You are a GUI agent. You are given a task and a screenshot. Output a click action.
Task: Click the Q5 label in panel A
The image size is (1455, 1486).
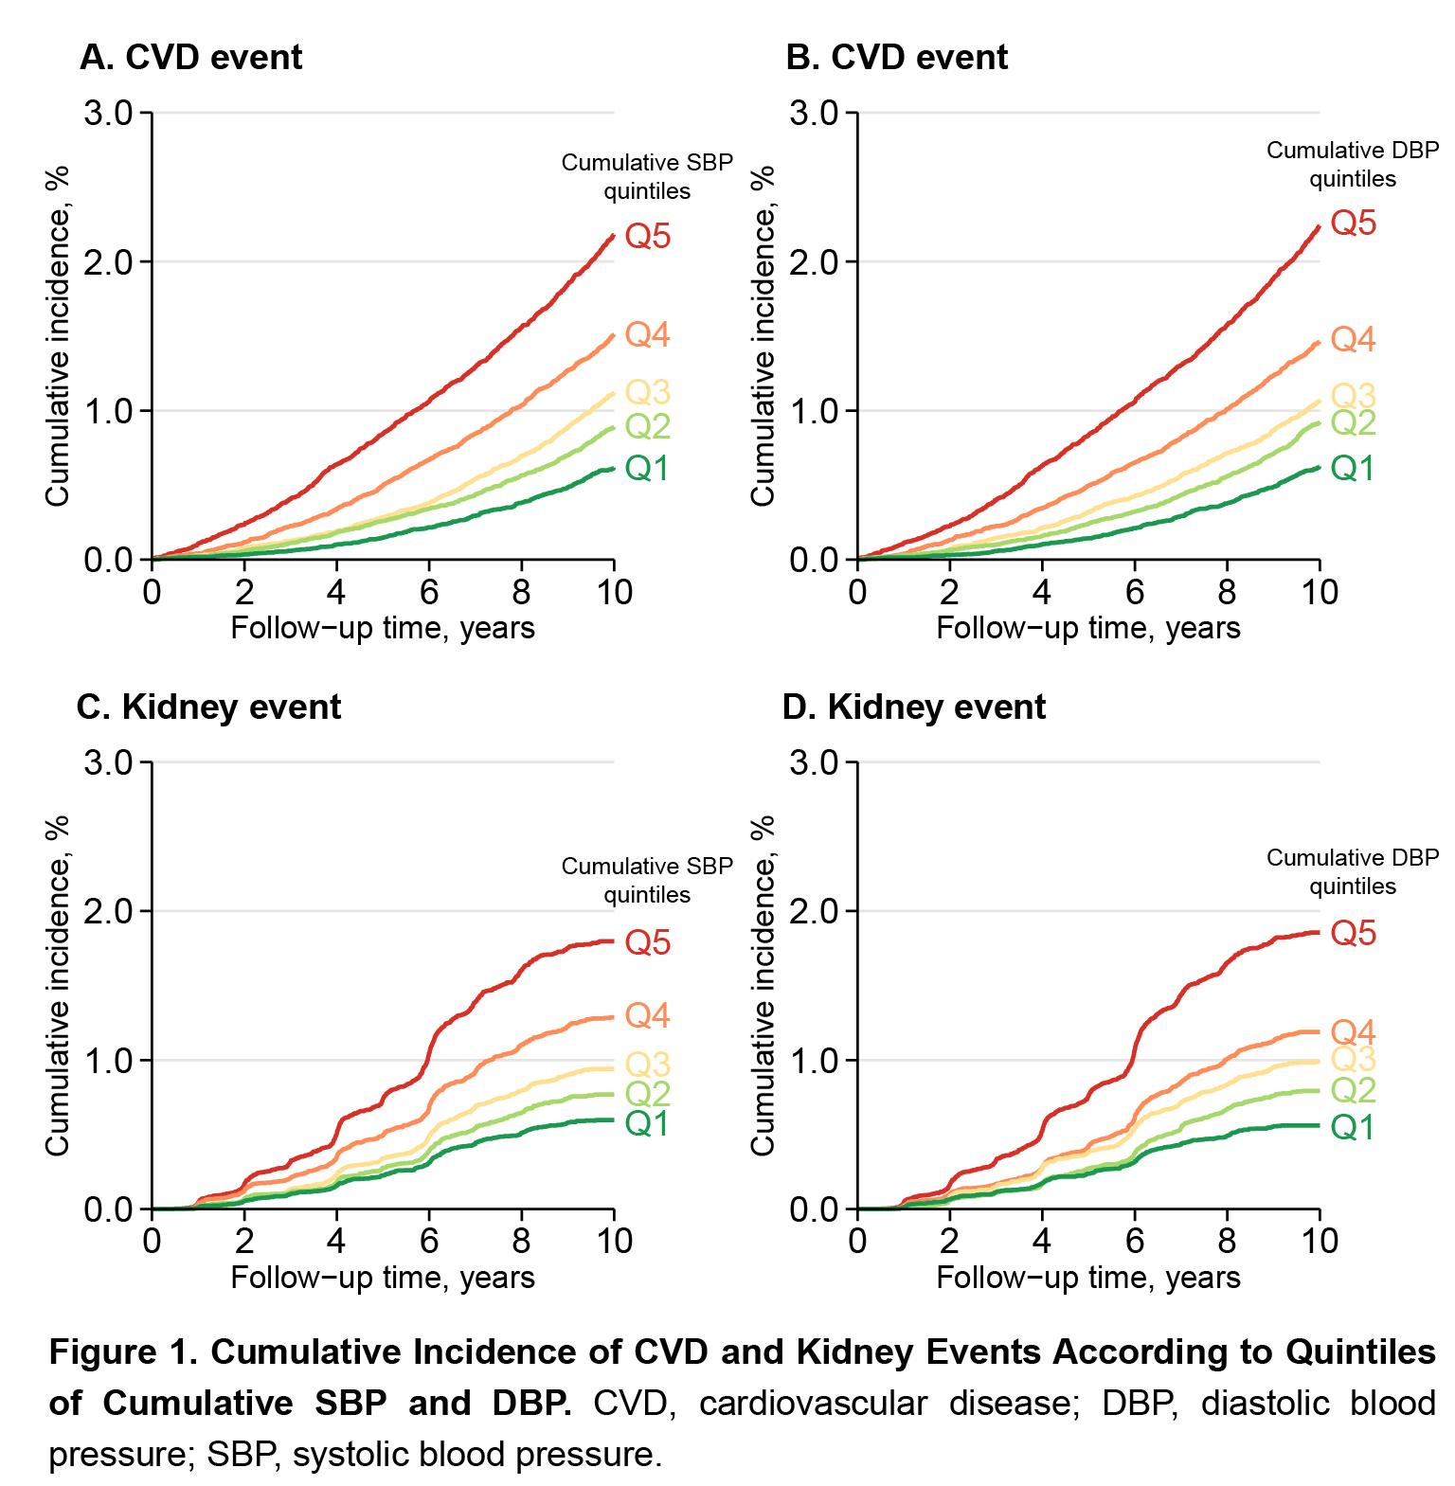pyautogui.click(x=648, y=236)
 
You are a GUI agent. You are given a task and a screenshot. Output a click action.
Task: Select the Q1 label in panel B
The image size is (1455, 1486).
pyautogui.click(x=1353, y=468)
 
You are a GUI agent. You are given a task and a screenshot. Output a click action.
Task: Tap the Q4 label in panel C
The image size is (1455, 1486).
pyautogui.click(x=648, y=1015)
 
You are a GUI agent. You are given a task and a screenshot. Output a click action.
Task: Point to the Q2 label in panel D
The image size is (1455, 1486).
pyautogui.click(x=1353, y=1090)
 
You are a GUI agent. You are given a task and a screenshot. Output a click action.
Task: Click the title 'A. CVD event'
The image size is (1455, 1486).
pyautogui.click(x=191, y=58)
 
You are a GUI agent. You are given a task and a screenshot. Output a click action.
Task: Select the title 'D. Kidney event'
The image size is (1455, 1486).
pyautogui.click(x=914, y=707)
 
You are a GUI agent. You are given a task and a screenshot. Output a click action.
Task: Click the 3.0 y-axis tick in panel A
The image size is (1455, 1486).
pyautogui.click(x=109, y=113)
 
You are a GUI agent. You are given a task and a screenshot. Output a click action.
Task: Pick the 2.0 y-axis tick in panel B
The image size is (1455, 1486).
pyautogui.click(x=815, y=261)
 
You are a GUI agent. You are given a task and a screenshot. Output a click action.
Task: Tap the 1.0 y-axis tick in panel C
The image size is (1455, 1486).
pyautogui.click(x=109, y=1061)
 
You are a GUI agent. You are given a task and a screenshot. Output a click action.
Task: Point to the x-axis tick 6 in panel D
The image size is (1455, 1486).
pyautogui.click(x=1135, y=1241)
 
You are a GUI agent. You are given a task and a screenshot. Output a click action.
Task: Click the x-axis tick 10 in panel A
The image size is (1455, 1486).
pyautogui.click(x=614, y=592)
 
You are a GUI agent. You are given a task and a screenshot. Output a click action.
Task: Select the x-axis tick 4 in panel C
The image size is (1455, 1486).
pyautogui.click(x=336, y=1241)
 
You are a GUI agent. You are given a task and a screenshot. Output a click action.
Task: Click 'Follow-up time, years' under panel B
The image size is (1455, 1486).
pyautogui.click(x=1088, y=628)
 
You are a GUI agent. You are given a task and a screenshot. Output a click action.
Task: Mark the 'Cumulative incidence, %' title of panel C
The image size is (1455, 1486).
pyautogui.click(x=59, y=985)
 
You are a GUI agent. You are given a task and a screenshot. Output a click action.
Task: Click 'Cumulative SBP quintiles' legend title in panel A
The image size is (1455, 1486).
pyautogui.click(x=647, y=176)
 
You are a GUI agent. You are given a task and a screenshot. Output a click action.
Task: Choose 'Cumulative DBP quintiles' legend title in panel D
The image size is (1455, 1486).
pyautogui.click(x=1353, y=871)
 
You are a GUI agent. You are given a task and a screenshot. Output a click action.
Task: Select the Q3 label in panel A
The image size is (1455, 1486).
pyautogui.click(x=648, y=391)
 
